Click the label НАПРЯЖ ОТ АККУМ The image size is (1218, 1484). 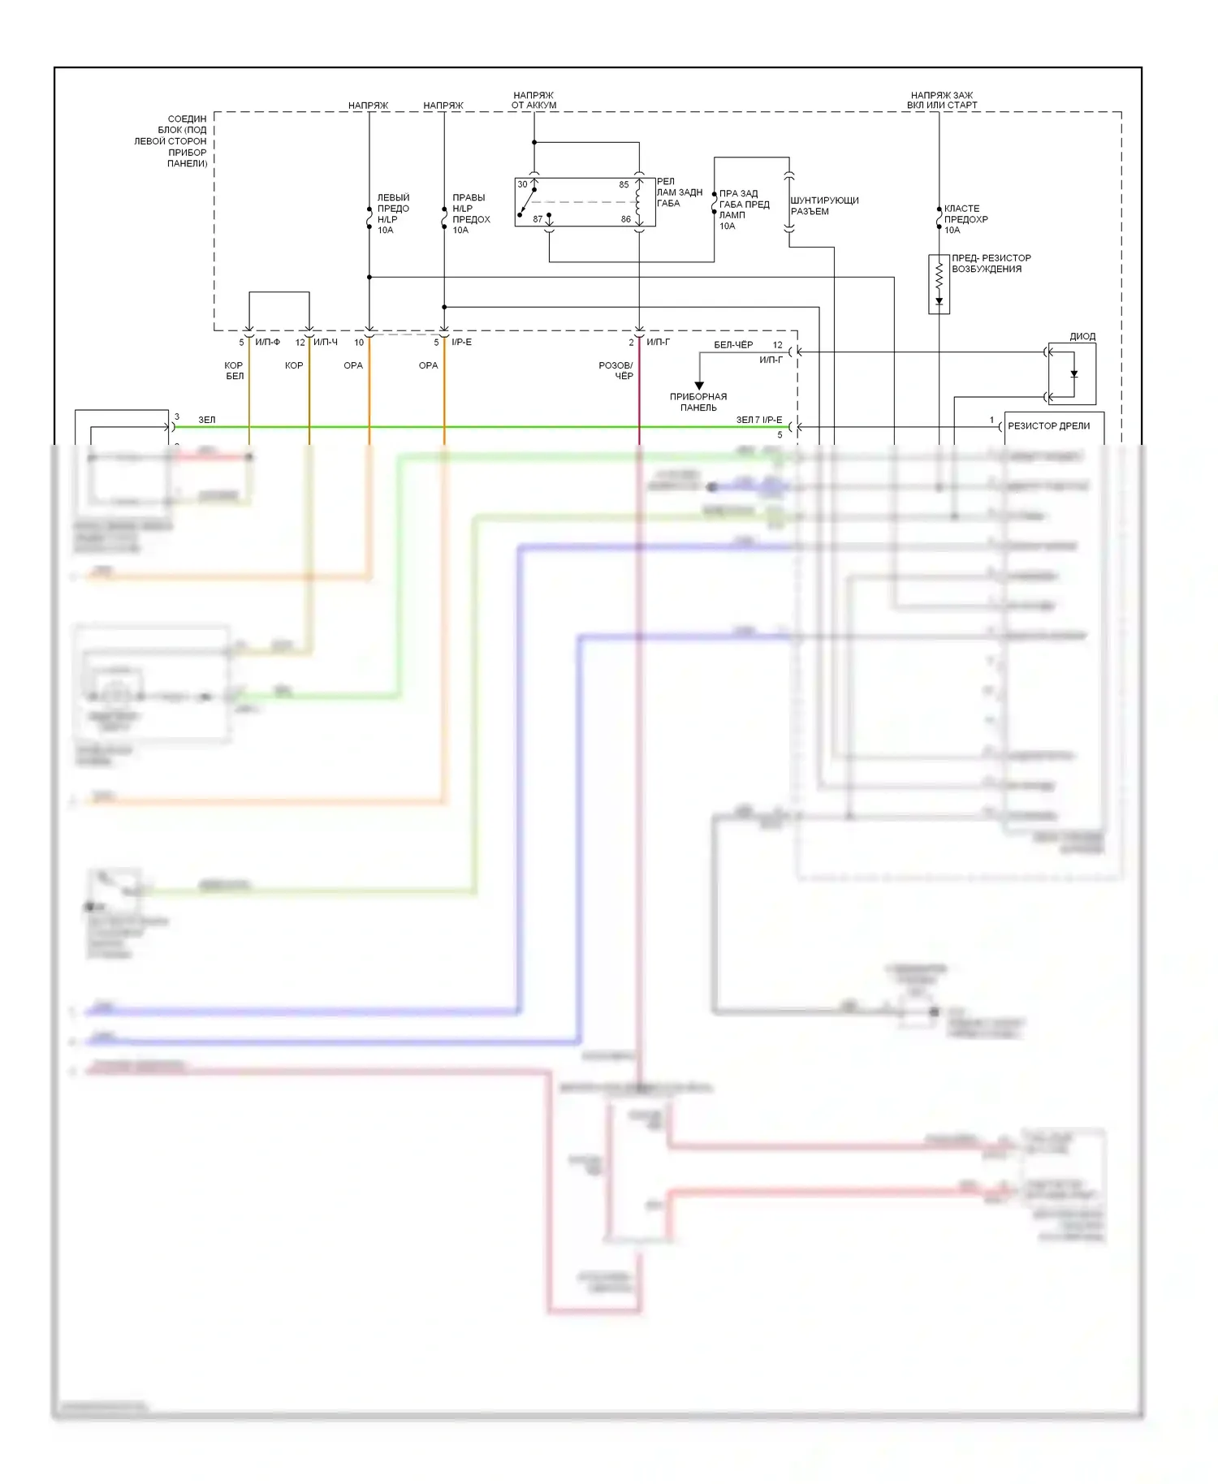(x=533, y=100)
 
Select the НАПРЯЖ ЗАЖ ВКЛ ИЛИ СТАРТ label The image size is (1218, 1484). (x=942, y=100)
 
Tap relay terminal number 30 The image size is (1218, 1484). (x=522, y=184)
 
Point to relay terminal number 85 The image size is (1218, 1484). (x=624, y=184)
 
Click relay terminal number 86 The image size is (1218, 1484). (x=625, y=219)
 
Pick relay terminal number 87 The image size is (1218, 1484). (x=538, y=219)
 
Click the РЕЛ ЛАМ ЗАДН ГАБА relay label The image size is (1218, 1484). (x=679, y=192)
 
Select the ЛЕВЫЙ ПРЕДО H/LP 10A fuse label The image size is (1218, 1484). (x=393, y=214)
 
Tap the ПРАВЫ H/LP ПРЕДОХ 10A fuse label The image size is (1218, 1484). (x=471, y=214)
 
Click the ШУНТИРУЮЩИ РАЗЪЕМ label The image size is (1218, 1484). (x=824, y=205)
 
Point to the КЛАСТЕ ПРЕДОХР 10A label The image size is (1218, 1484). (x=965, y=219)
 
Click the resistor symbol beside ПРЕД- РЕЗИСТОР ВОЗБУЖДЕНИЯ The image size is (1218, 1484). (x=939, y=277)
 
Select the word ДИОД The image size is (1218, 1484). (x=1082, y=336)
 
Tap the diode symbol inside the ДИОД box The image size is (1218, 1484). (x=1073, y=374)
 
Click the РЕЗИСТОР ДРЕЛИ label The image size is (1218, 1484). (x=1048, y=425)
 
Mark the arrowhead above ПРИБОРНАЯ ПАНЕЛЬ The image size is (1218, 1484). (x=699, y=386)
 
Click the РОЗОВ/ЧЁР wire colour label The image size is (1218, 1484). (x=615, y=370)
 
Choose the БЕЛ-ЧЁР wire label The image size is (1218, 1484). (x=733, y=344)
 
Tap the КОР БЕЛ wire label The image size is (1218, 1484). (x=234, y=370)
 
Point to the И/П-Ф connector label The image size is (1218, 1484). (x=267, y=342)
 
